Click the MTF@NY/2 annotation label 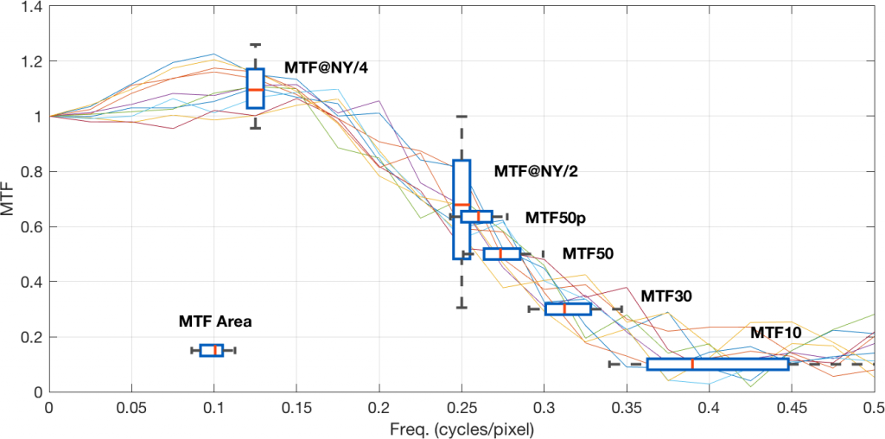point(535,171)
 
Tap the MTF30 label point(666,296)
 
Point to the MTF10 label point(775,332)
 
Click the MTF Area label point(215,321)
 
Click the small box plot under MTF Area point(212,350)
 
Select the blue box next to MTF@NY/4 point(255,88)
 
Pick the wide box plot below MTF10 point(717,364)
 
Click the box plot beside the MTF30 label point(568,309)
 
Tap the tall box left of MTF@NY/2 point(462,209)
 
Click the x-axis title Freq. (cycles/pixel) point(462,427)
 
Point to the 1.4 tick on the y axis point(29,6)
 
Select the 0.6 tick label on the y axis point(29,226)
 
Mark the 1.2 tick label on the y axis point(29,61)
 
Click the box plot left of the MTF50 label point(502,253)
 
